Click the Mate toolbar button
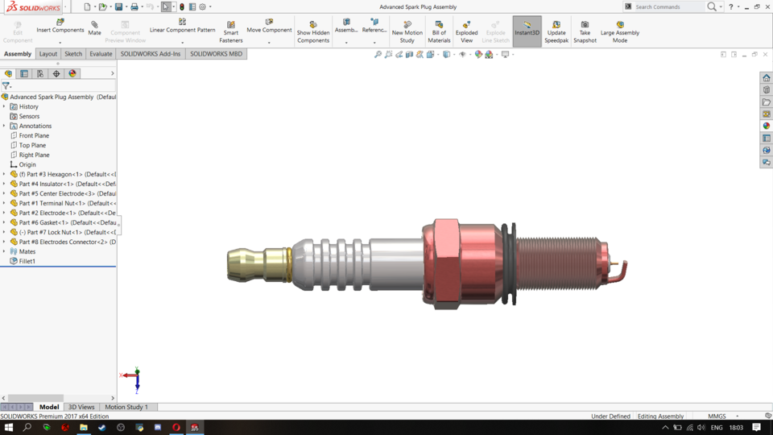click(94, 28)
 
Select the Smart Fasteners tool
click(231, 31)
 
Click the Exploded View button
click(466, 31)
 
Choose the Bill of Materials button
click(439, 31)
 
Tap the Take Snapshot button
click(585, 31)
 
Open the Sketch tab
click(73, 54)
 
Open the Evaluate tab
click(101, 54)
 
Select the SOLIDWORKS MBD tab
click(216, 54)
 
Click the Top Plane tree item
click(32, 145)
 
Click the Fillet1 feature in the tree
click(27, 261)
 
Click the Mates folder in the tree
click(27, 251)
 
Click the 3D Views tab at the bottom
click(81, 407)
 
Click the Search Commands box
click(668, 6)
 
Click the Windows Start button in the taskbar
click(8, 428)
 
